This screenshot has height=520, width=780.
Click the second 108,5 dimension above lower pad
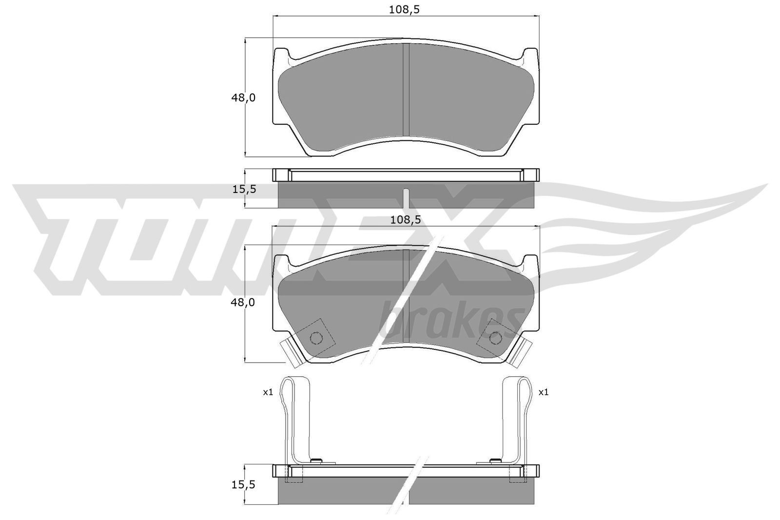(405, 220)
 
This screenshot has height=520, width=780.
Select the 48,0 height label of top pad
(243, 98)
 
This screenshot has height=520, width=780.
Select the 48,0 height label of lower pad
(243, 303)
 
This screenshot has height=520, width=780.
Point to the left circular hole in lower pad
(316, 338)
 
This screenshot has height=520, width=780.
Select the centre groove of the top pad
(406, 90)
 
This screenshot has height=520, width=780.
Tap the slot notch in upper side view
(406, 197)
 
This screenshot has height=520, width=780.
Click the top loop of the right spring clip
(525, 385)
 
